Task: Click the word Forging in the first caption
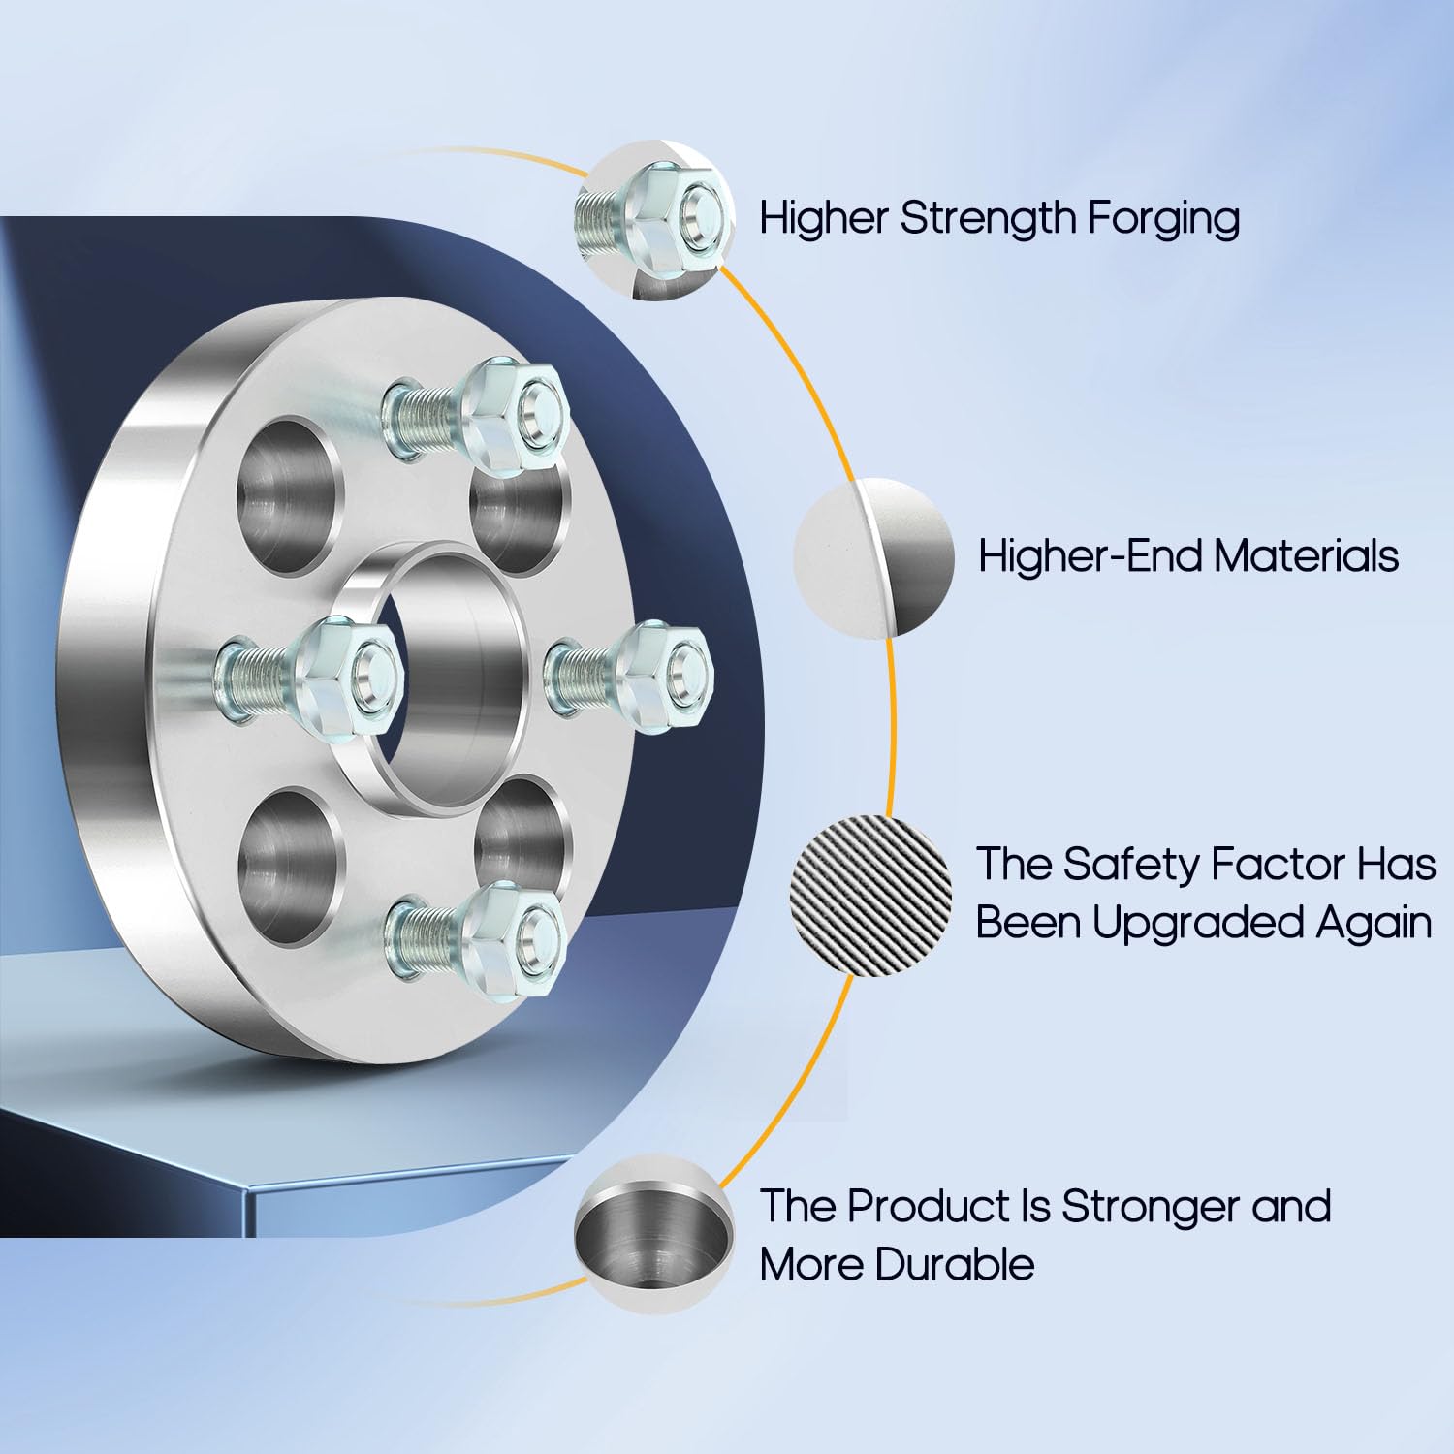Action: click(x=1163, y=219)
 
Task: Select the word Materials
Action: click(x=1307, y=556)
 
